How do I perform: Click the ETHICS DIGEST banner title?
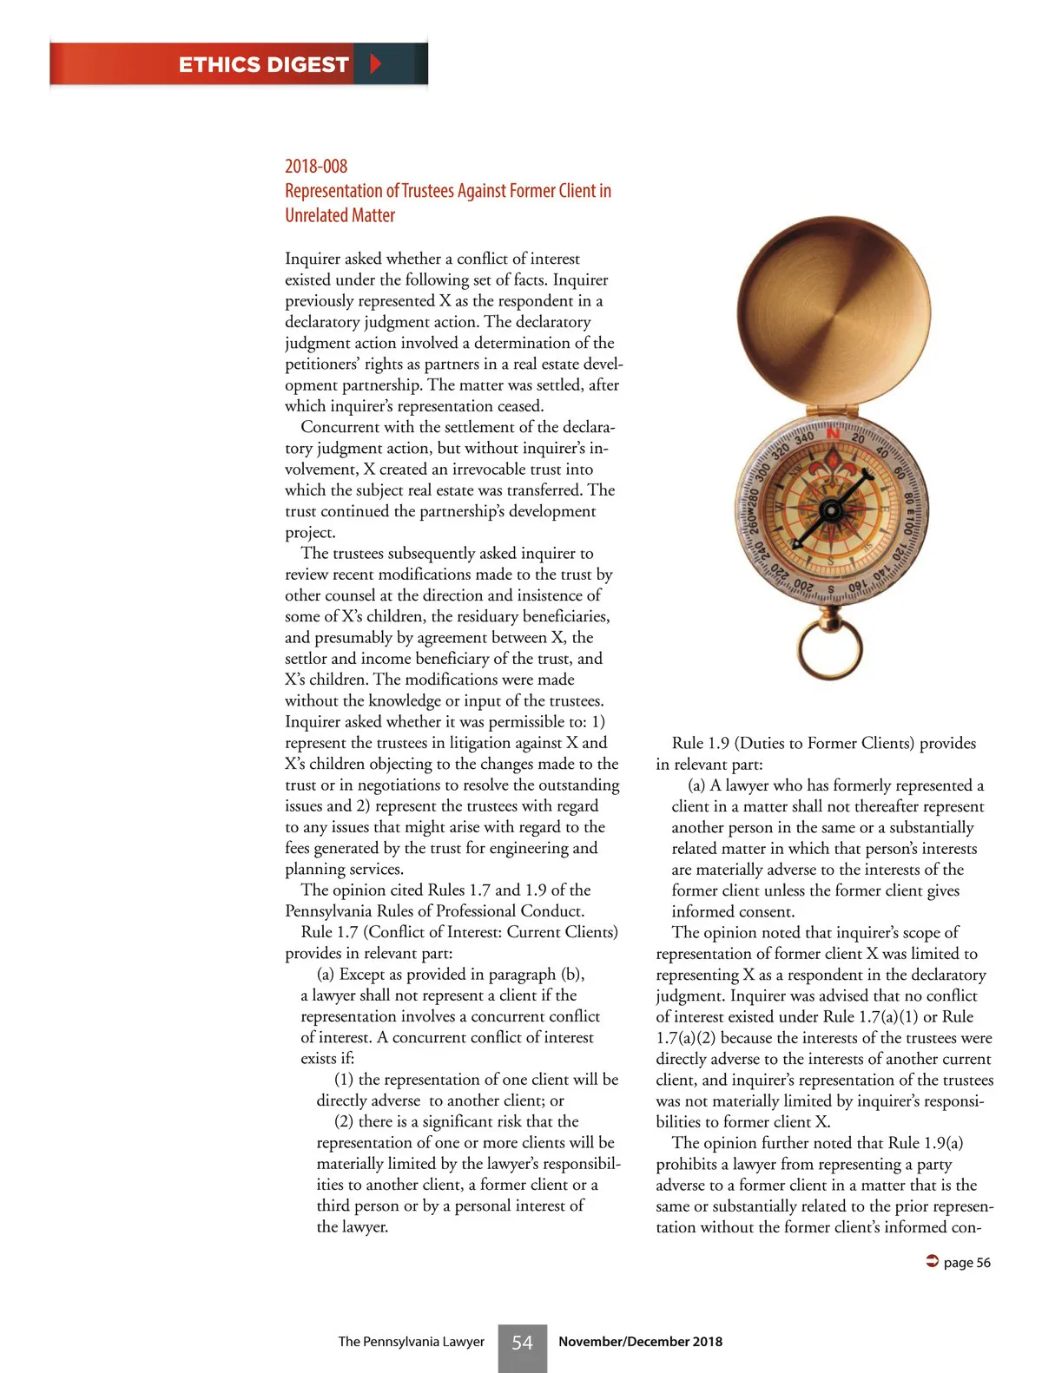263,65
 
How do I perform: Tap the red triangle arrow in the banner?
375,63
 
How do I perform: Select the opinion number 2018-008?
316,166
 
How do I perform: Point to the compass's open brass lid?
833,313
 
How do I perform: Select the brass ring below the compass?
830,647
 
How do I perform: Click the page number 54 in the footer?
522,1343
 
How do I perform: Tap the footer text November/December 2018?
640,1342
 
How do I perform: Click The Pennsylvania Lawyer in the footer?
411,1342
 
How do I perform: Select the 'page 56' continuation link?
966,1263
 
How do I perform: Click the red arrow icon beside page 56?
933,1261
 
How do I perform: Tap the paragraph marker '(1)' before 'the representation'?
344,1080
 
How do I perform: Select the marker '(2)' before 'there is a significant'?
344,1121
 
